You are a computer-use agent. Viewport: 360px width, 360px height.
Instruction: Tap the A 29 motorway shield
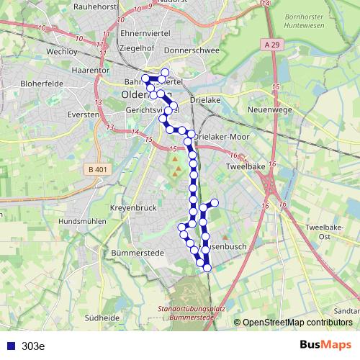click(271, 45)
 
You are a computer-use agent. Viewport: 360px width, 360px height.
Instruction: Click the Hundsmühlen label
click(82, 221)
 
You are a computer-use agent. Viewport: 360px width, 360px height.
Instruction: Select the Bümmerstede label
click(139, 253)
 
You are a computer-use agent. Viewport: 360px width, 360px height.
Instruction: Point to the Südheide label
click(102, 317)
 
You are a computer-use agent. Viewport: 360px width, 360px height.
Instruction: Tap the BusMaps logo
click(325, 345)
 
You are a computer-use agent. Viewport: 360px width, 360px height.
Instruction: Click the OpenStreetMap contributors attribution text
click(297, 323)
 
